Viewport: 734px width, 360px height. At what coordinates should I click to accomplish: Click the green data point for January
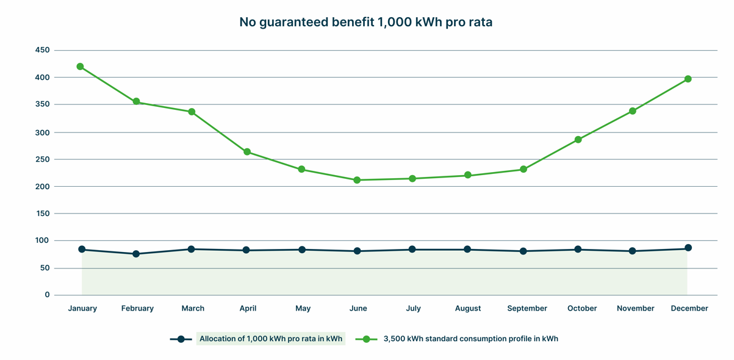click(80, 67)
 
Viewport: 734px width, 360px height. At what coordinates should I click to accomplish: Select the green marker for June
click(357, 180)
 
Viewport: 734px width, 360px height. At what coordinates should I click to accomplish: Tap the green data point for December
click(688, 79)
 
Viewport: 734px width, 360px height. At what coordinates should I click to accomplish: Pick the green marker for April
click(247, 152)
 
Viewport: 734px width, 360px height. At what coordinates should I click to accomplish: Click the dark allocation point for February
click(136, 254)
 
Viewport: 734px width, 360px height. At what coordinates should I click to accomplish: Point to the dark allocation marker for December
click(688, 248)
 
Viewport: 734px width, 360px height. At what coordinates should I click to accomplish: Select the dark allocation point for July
click(412, 250)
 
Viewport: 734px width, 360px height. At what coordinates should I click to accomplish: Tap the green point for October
click(578, 140)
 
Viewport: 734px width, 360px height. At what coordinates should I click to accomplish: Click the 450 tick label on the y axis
click(43, 50)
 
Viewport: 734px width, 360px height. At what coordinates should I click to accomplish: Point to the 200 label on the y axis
click(43, 187)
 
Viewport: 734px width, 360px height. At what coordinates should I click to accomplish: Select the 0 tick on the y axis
click(47, 295)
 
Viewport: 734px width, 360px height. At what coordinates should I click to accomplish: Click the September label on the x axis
click(527, 309)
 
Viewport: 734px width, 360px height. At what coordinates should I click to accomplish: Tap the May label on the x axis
click(303, 309)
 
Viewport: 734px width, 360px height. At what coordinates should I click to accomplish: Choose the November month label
click(636, 309)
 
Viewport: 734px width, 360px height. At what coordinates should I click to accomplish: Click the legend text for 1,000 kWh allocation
click(271, 339)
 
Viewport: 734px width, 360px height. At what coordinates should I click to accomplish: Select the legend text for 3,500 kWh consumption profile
click(470, 339)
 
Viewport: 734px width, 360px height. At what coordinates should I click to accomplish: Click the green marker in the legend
click(366, 339)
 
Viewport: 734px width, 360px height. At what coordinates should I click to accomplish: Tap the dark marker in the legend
click(181, 339)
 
